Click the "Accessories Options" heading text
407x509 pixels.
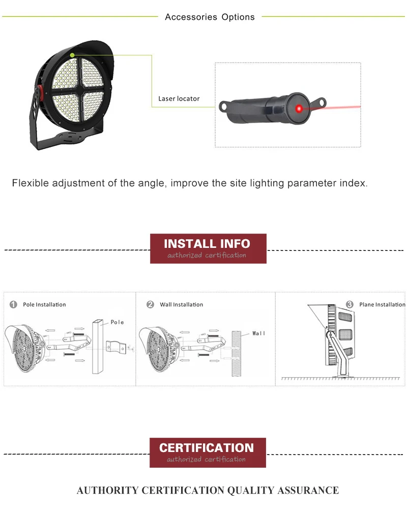(x=210, y=17)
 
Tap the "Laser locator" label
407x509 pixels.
(x=179, y=99)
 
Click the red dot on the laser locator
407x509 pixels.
(x=300, y=107)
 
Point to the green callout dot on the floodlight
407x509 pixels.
(x=73, y=54)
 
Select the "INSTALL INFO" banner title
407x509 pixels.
(x=207, y=244)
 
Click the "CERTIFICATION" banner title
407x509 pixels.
(x=207, y=448)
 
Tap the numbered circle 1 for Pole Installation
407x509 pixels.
(x=13, y=304)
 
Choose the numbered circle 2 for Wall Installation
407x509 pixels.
(x=150, y=304)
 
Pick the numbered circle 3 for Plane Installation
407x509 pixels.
(x=350, y=304)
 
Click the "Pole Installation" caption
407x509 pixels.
(x=44, y=304)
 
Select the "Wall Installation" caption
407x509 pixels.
(x=181, y=304)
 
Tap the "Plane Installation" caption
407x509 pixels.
(x=382, y=304)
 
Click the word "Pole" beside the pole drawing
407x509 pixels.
(x=117, y=322)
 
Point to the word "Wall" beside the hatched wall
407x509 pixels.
(x=259, y=333)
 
